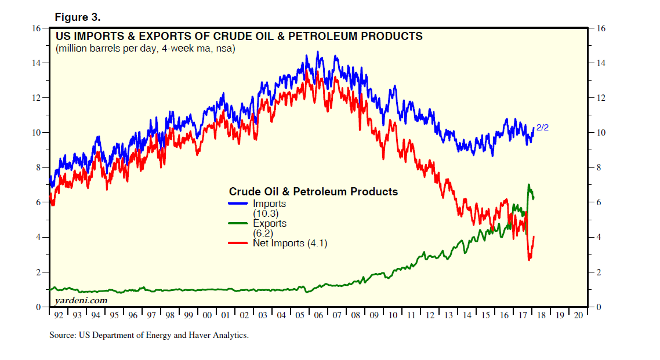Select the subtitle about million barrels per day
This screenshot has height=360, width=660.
point(145,49)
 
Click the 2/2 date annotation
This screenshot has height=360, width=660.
point(542,128)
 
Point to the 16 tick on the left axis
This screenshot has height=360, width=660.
point(36,28)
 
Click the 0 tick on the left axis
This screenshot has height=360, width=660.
point(38,307)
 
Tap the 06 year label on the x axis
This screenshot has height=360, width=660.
point(318,315)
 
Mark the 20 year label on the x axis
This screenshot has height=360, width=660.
point(578,315)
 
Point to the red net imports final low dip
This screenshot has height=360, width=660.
point(529,259)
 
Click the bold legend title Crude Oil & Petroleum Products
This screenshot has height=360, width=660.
point(313,191)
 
